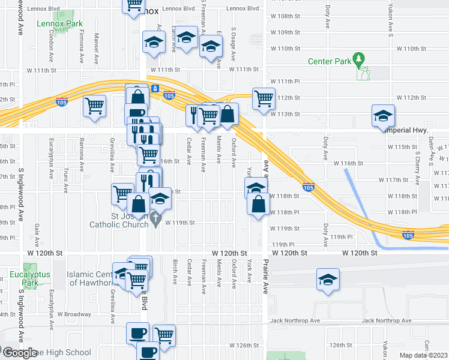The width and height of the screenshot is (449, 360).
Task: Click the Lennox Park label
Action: pos(59,24)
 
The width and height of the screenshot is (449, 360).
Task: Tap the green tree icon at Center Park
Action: pos(360,59)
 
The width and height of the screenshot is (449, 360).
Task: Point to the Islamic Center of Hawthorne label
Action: pos(90,279)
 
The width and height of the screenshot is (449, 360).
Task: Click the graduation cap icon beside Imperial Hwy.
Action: pos(383,116)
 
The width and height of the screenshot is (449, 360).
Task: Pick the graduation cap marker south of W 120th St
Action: pos(328,280)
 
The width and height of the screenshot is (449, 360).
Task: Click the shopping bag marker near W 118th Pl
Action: pos(258,204)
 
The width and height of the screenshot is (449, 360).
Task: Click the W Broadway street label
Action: pos(74,314)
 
